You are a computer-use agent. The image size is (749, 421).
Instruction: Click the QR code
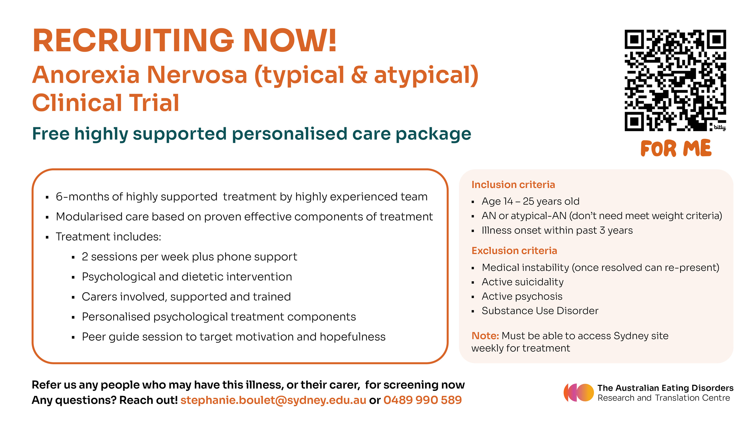(675, 80)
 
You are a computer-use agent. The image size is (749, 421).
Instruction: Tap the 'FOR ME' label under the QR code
(676, 149)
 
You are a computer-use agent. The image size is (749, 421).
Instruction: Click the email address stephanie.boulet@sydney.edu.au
(273, 400)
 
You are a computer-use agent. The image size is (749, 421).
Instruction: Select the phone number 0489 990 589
(423, 400)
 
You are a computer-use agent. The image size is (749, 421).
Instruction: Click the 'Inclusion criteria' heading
(513, 184)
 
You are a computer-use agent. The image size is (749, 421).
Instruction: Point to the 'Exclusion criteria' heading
(514, 251)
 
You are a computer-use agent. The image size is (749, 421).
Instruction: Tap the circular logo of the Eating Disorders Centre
(579, 393)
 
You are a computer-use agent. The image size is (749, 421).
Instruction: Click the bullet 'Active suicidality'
(522, 282)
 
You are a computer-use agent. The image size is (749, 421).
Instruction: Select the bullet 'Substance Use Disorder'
(540, 311)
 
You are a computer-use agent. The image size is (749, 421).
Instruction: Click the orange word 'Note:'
(485, 336)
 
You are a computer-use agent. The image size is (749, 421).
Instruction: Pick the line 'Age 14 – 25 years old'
(531, 201)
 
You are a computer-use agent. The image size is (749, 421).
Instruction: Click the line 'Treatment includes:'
(109, 237)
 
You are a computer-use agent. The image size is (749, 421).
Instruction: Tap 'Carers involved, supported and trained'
(186, 297)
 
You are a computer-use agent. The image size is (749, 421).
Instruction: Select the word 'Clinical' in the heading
(77, 103)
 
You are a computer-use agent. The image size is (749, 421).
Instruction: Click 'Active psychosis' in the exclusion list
(522, 296)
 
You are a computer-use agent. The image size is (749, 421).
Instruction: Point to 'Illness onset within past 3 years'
(557, 230)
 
